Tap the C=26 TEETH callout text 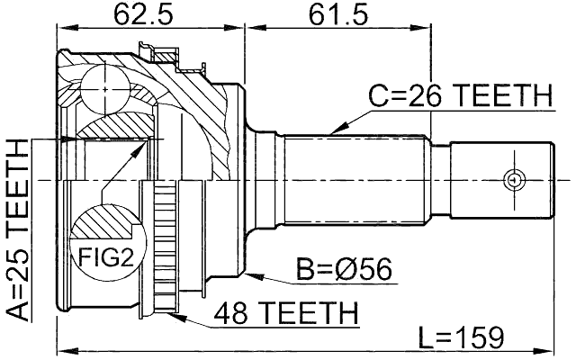pyautogui.click(x=460, y=94)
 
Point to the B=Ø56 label pyautogui.click(x=346, y=268)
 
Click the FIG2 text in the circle pyautogui.click(x=103, y=259)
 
